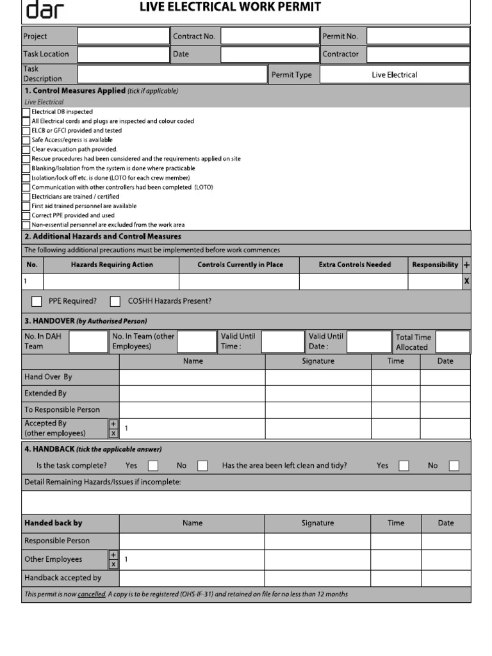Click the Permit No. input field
tap(418, 37)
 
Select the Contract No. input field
tap(270, 37)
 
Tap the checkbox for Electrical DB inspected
tap(26, 111)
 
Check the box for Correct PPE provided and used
tap(26, 216)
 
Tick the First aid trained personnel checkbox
tap(26, 206)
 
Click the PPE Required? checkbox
tap(37, 301)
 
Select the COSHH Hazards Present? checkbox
tap(115, 301)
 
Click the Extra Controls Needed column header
tap(354, 265)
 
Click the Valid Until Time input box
tap(283, 341)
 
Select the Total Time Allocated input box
tap(453, 341)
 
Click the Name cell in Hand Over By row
tap(192, 377)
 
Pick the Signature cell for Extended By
tap(318, 393)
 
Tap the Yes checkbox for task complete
tap(153, 466)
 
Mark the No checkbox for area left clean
tap(454, 466)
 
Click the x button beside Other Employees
tap(113, 564)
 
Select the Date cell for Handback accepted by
tap(445, 578)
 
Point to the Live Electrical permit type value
tap(394, 75)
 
